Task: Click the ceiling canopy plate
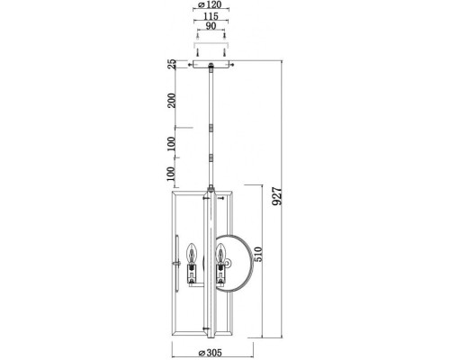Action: pyautogui.click(x=212, y=65)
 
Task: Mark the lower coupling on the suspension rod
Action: pyautogui.click(x=212, y=157)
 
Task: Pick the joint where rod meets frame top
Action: pyautogui.click(x=212, y=190)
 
